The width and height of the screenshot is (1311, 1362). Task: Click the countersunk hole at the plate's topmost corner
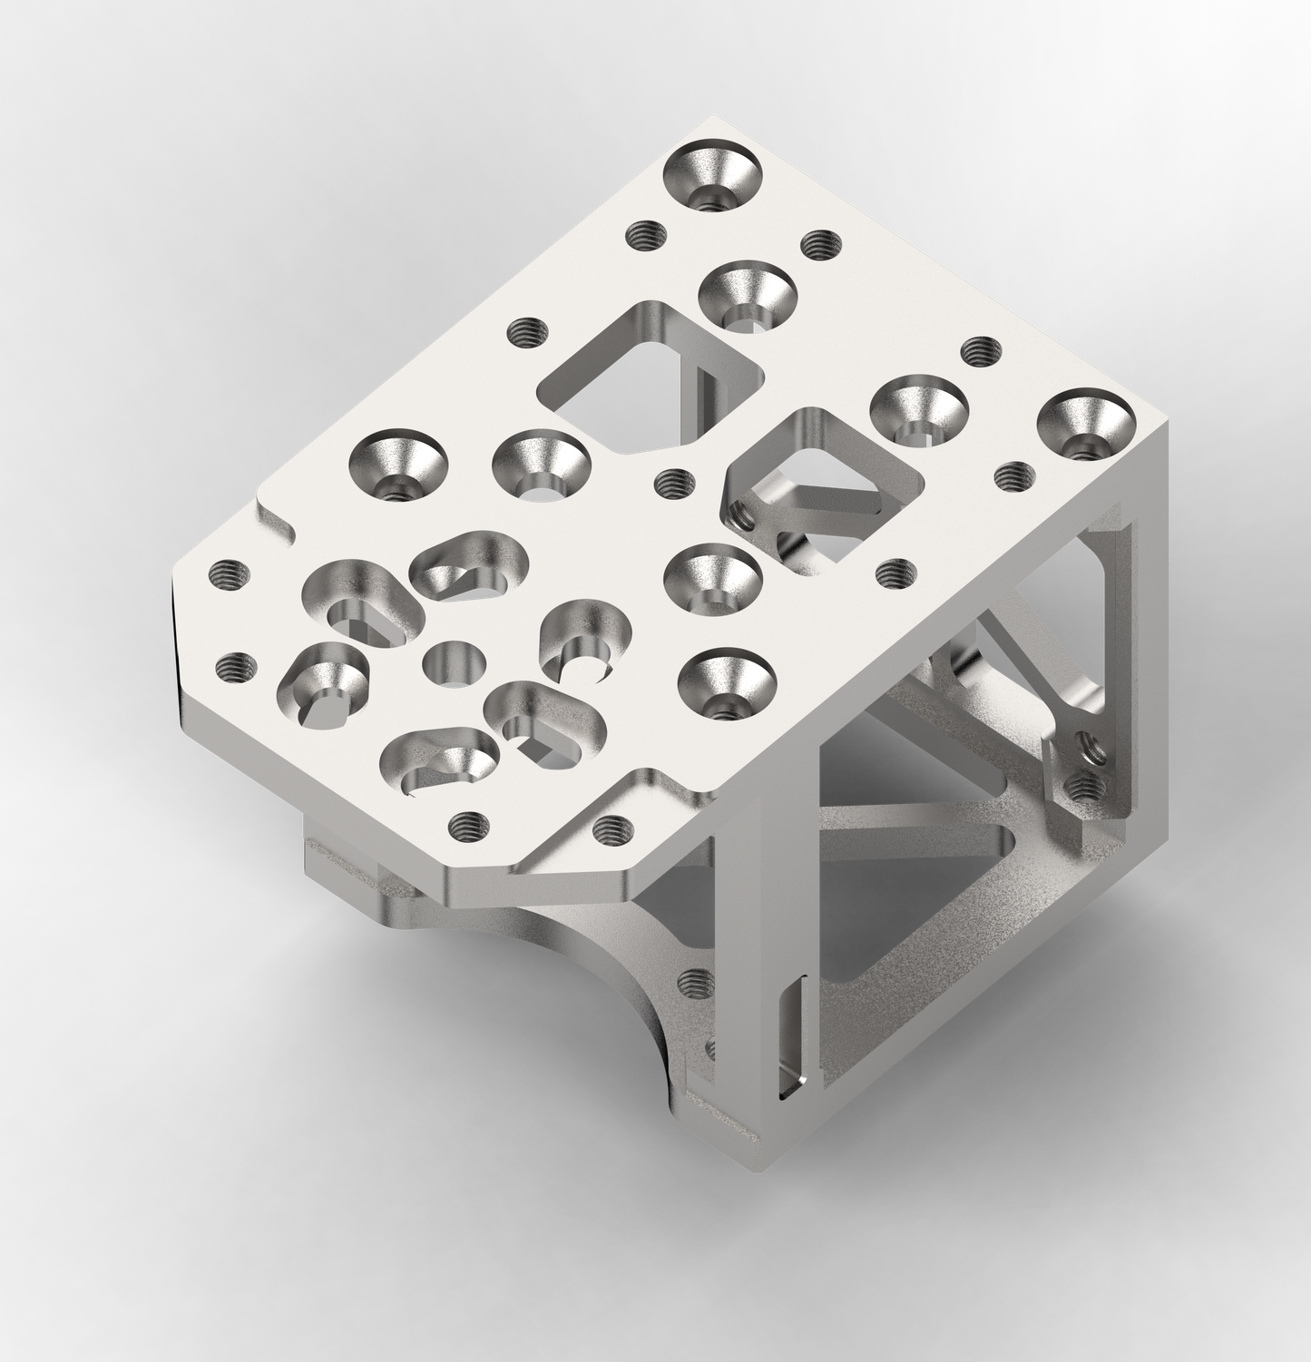pyautogui.click(x=712, y=175)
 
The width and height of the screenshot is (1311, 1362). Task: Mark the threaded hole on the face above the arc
pyautogui.click(x=694, y=980)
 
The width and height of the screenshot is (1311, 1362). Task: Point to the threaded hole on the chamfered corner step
pyautogui.click(x=605, y=828)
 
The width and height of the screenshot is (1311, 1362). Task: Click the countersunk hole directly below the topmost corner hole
pyautogui.click(x=748, y=296)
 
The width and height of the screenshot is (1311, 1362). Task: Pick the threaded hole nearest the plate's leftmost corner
pyautogui.click(x=226, y=574)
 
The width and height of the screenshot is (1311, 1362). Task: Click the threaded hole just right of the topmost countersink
pyautogui.click(x=817, y=243)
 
